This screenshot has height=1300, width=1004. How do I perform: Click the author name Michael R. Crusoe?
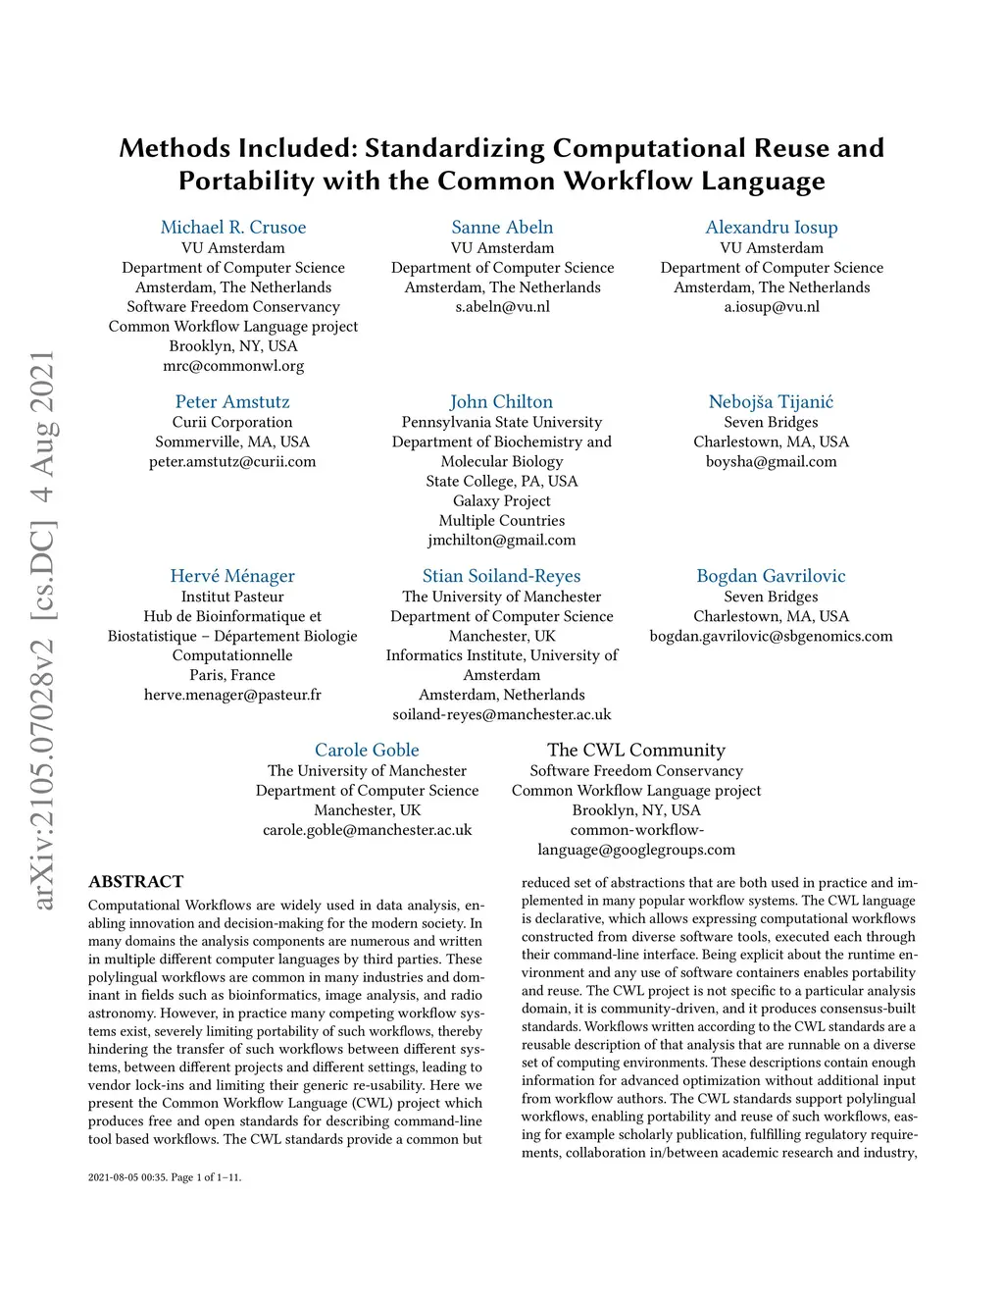coord(233,228)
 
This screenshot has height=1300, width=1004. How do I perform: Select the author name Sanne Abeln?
coord(502,228)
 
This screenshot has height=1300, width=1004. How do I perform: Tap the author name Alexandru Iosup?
coord(772,228)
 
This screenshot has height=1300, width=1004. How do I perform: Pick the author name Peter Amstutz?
coord(232,402)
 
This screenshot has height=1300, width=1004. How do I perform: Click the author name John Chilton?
coord(501,402)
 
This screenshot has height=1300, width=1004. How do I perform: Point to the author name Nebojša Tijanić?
coord(771,402)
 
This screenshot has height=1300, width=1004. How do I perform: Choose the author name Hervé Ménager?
coord(232,577)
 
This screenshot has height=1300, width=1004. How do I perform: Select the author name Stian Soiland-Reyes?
coord(501,577)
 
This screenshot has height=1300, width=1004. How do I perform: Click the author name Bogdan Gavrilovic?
coord(771,577)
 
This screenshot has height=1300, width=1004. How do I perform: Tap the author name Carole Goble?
coord(367,751)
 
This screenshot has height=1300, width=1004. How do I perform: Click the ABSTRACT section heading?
coord(136,882)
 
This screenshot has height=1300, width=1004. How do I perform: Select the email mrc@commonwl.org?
coord(233,366)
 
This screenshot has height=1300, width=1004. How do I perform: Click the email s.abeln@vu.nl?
coord(502,307)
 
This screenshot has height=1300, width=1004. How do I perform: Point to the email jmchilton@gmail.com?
coord(501,541)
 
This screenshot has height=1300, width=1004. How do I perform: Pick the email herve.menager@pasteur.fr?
coord(232,695)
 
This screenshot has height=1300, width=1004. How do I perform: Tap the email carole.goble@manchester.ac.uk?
coord(367,830)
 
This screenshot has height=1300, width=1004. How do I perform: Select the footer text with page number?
coord(165,1177)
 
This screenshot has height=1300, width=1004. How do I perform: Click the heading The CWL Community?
coord(636,751)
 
